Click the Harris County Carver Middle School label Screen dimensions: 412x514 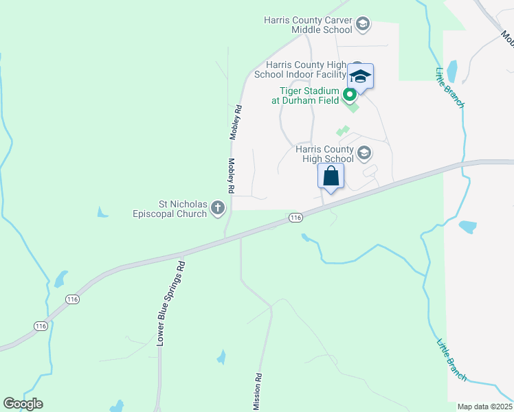(309, 25)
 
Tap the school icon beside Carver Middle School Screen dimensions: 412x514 (363, 25)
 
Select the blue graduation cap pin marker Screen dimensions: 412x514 (360, 76)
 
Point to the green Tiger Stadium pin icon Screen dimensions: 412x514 (349, 95)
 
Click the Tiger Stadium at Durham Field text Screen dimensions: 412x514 (305, 95)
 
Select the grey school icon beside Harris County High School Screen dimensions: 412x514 (364, 153)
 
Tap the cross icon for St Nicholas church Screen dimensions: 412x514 (218, 208)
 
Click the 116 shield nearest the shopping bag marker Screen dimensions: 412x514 (295, 218)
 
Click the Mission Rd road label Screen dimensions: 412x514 (258, 392)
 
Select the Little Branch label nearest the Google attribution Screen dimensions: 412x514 (451, 360)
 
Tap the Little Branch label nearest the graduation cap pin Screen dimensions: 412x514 (450, 87)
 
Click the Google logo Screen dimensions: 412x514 (23, 404)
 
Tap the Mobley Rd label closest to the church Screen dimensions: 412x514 (232, 175)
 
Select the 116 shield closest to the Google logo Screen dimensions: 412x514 (41, 326)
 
